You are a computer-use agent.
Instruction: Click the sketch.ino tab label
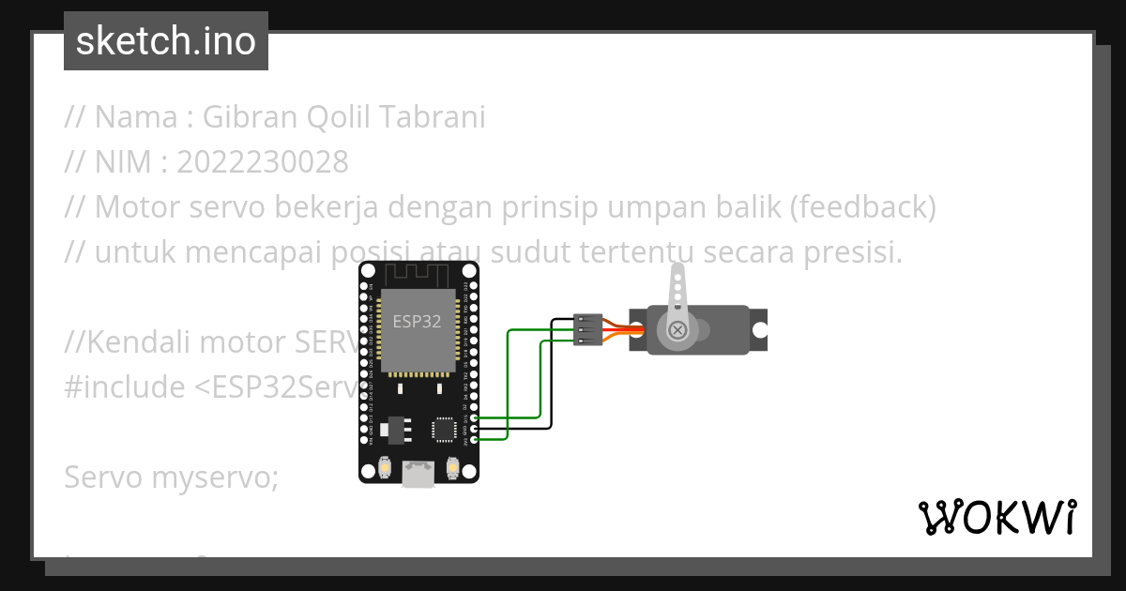[166, 41]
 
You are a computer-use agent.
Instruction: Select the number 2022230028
[262, 162]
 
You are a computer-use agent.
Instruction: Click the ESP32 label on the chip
[418, 322]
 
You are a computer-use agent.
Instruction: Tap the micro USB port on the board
[418, 474]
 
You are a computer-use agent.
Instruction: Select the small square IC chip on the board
[444, 429]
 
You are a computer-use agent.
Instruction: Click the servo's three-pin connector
[586, 329]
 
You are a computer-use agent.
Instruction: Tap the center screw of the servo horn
[677, 329]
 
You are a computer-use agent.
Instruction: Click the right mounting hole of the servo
[758, 329]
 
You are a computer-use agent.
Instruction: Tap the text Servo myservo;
[172, 477]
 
